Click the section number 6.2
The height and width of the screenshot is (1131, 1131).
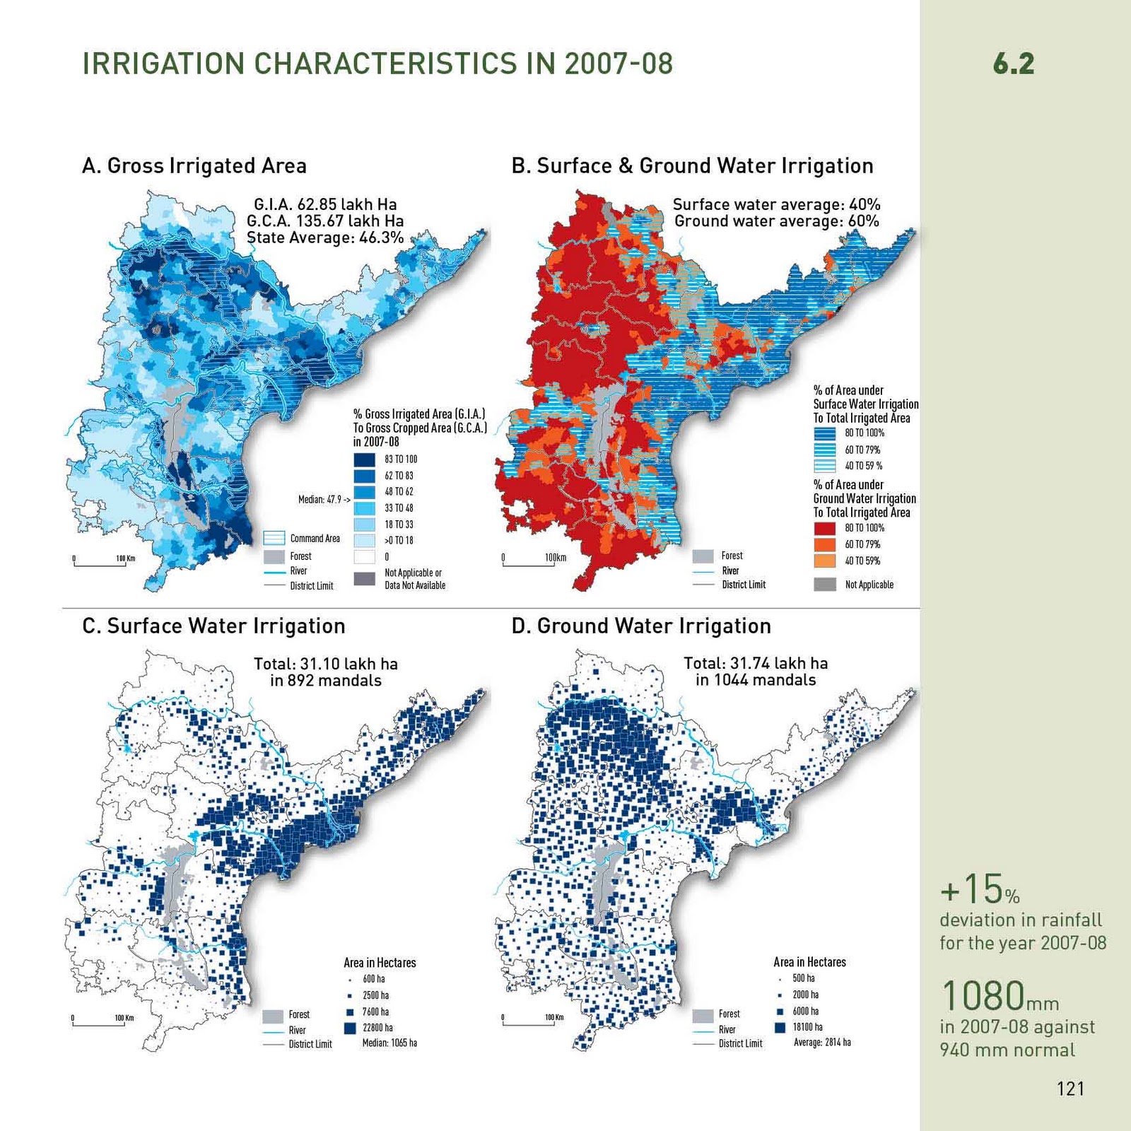[x=1013, y=64]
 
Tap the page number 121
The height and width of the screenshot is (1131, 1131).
[x=1070, y=1089]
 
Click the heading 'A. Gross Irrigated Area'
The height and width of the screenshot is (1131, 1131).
[x=194, y=166]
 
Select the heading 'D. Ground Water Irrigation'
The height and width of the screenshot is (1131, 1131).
[x=641, y=626]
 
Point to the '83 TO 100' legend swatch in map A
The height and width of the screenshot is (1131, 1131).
[x=364, y=459]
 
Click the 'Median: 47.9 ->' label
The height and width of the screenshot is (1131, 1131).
[x=324, y=500]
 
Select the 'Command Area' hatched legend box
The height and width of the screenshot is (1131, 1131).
[x=274, y=539]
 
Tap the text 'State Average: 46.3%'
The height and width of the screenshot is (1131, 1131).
[x=325, y=238]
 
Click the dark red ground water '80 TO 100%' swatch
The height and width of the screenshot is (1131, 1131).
[x=824, y=528]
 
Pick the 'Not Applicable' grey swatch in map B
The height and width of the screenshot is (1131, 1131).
[x=825, y=585]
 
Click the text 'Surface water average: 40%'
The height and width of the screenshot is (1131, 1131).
[x=776, y=205]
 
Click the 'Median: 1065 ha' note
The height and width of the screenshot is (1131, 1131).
[x=389, y=1043]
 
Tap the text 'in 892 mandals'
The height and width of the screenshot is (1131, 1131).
[x=325, y=681]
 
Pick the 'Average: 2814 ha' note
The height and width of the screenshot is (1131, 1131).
[x=822, y=1043]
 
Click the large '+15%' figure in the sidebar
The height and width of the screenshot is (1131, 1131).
[x=980, y=890]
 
